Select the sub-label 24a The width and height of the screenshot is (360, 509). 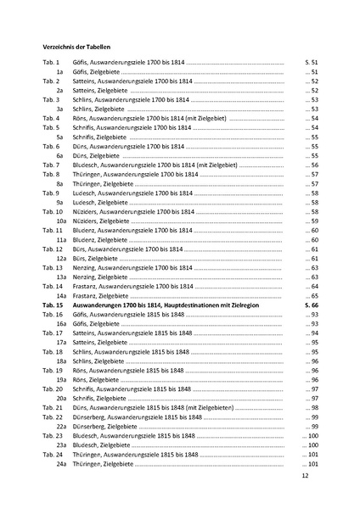click(x=61, y=464)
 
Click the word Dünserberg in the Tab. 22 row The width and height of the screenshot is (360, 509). click(x=90, y=418)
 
